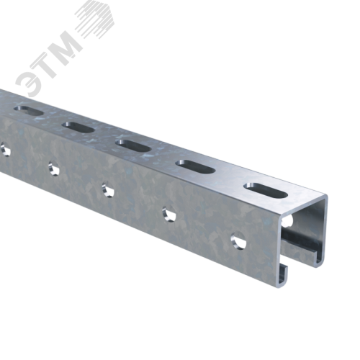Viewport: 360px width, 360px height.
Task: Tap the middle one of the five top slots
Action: (x=133, y=148)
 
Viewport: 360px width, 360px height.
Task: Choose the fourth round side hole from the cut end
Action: (x=53, y=168)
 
